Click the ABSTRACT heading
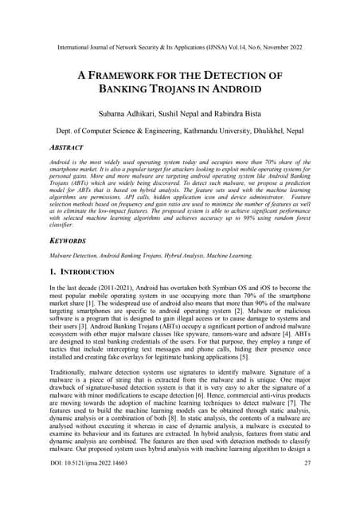coord(69,147)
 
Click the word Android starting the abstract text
coord(61,162)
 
